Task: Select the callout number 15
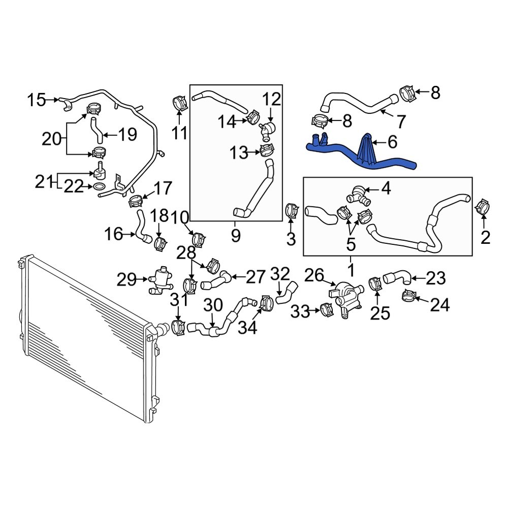(37, 99)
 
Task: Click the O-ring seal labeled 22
(101, 188)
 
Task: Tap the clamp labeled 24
(409, 295)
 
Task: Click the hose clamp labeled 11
(178, 102)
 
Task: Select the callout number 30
(213, 305)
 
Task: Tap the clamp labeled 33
(327, 309)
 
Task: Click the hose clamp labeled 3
(292, 210)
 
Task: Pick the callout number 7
(401, 122)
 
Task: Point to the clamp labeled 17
(136, 201)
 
